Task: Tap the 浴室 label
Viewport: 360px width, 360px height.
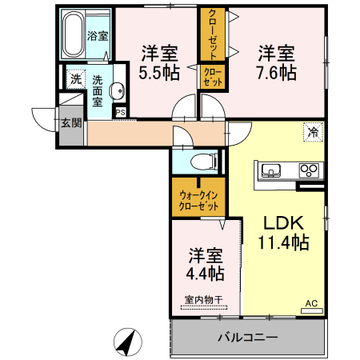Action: pyautogui.click(x=98, y=36)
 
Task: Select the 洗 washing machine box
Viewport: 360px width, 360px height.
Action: pyautogui.click(x=74, y=78)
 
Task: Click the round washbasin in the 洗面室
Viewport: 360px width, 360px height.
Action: pyautogui.click(x=117, y=90)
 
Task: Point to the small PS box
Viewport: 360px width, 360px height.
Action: pyautogui.click(x=120, y=111)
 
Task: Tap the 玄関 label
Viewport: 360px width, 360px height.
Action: pyautogui.click(x=70, y=122)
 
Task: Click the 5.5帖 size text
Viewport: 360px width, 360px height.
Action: pyautogui.click(x=159, y=73)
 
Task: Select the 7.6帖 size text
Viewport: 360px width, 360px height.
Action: pyautogui.click(x=276, y=73)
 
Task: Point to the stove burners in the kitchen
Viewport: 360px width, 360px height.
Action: pyautogui.click(x=308, y=170)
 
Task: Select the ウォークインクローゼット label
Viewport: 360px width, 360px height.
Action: pyautogui.click(x=198, y=200)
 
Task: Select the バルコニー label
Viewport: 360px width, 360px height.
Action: pyautogui.click(x=249, y=337)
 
